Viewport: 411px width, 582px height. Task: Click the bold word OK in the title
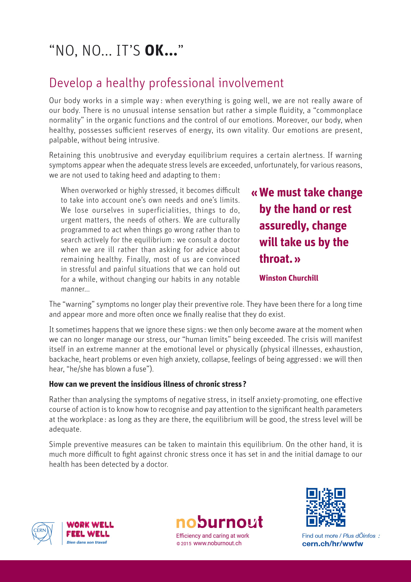[x=155, y=51]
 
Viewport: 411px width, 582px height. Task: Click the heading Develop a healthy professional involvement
[x=166, y=83]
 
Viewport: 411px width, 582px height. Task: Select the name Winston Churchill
[x=289, y=278]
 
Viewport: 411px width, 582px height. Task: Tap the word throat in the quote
[x=274, y=259]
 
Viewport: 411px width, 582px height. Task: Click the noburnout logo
[x=219, y=522]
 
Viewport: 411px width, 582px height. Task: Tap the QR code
[x=326, y=507]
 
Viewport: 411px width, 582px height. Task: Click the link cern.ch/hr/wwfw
[x=332, y=544]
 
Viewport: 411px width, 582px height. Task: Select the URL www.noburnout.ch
[x=217, y=543]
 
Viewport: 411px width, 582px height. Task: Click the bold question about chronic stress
[x=148, y=384]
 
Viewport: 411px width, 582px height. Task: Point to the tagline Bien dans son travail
[x=87, y=542]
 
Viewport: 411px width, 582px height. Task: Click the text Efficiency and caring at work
[x=212, y=535]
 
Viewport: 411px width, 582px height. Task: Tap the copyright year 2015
[x=186, y=544]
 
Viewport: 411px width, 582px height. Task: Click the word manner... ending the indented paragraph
[x=75, y=289]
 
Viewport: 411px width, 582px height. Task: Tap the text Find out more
[x=320, y=535]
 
